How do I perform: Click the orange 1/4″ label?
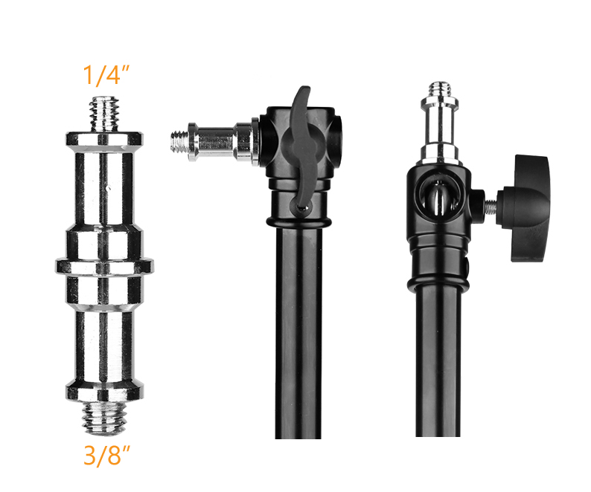[x=106, y=75]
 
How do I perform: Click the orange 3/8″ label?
[x=106, y=455]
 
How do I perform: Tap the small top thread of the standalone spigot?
[x=104, y=114]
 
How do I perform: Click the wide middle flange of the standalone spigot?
[x=104, y=266]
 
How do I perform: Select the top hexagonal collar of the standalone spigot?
[x=104, y=138]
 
